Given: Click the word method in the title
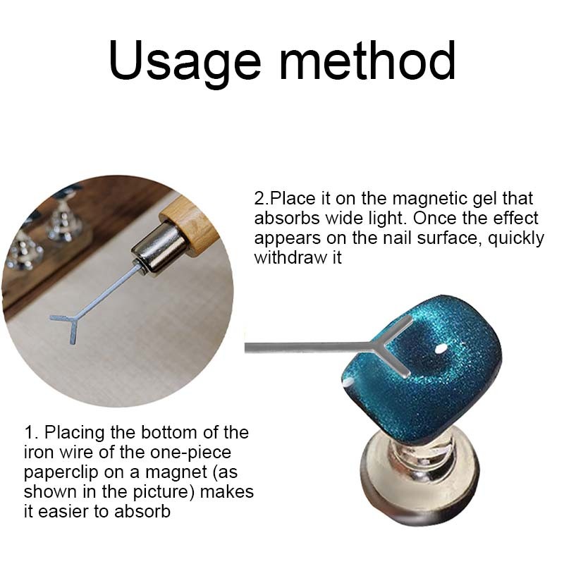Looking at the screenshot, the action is click(367, 60).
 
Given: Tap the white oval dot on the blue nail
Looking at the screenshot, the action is click(440, 348).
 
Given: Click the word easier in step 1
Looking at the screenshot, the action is click(63, 512).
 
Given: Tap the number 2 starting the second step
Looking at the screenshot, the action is click(259, 199).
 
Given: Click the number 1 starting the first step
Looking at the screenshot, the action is click(29, 433).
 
